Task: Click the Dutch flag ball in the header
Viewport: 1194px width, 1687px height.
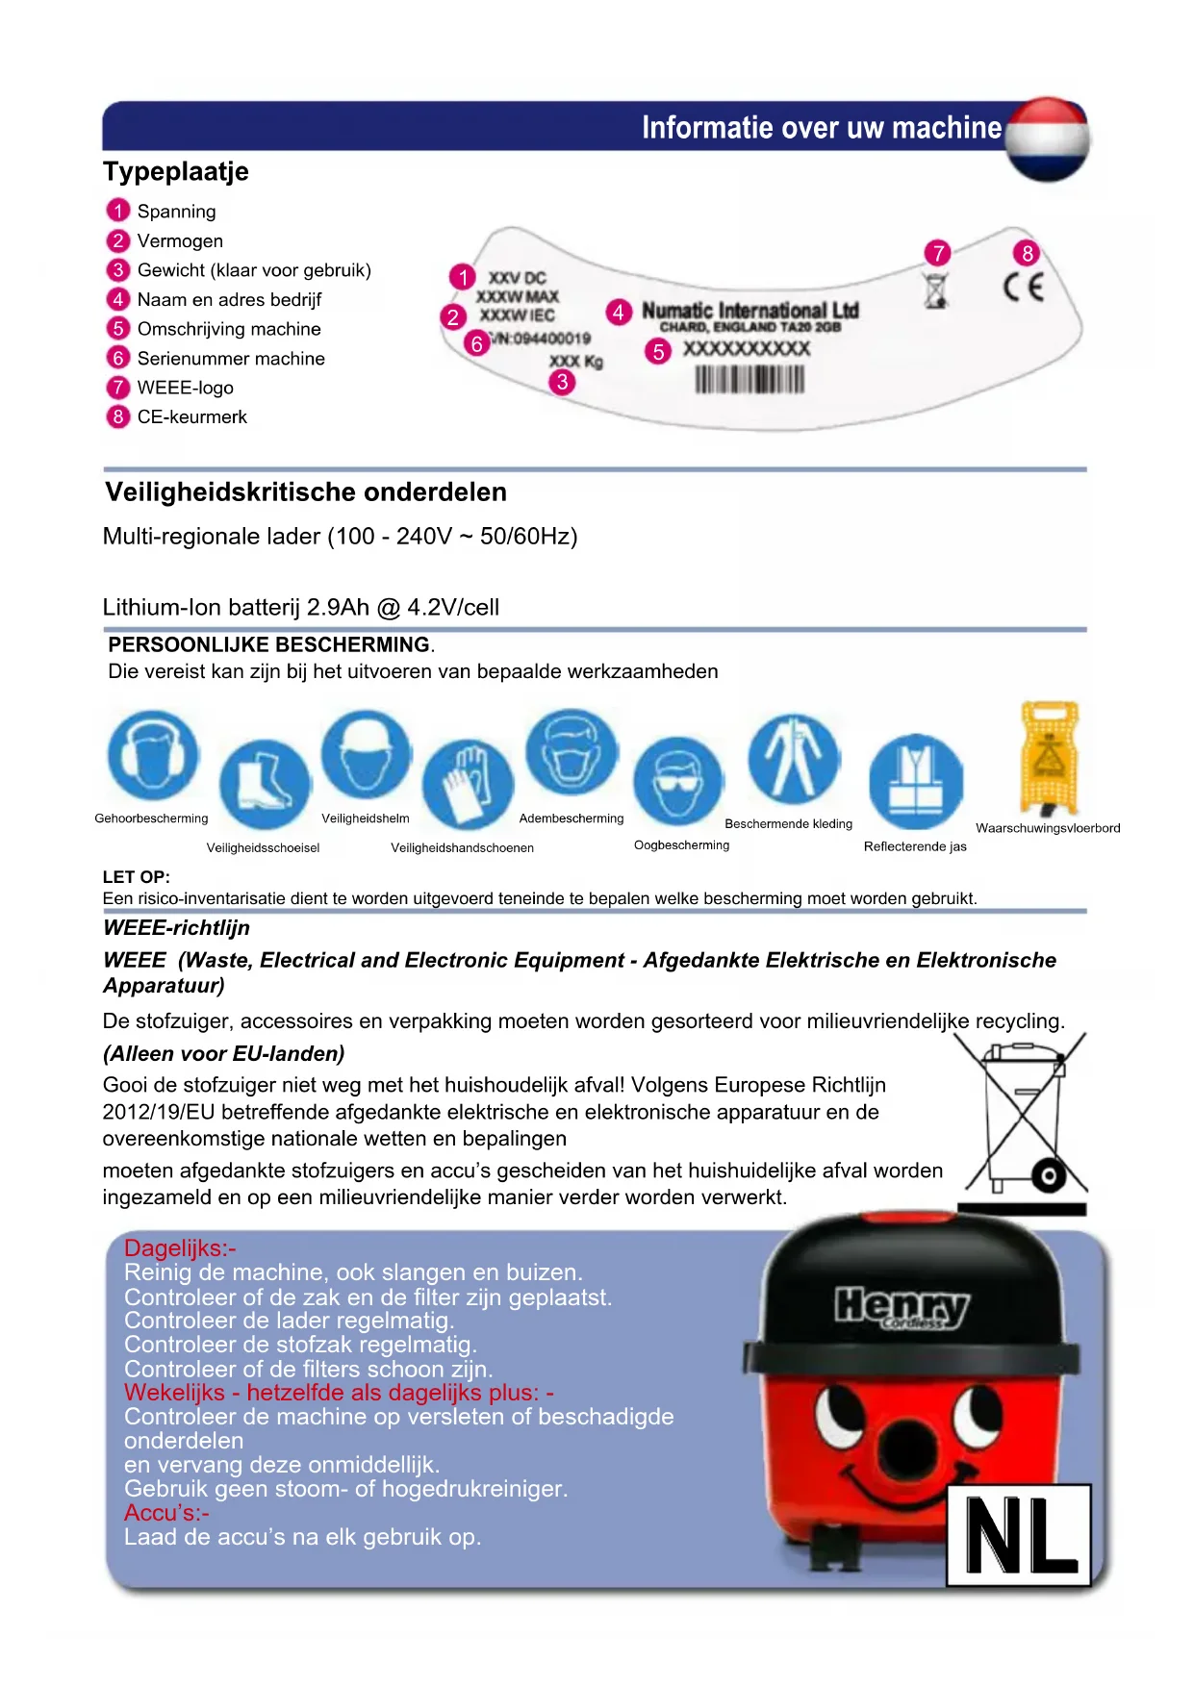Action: click(x=1048, y=139)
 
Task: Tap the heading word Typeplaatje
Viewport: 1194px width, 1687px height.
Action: click(x=176, y=172)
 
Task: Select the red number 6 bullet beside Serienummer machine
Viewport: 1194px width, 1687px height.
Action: click(x=118, y=358)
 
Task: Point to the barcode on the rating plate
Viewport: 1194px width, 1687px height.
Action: click(x=749, y=380)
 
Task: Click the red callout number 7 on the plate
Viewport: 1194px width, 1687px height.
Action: click(x=937, y=253)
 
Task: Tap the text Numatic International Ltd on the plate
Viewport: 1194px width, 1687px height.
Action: click(x=749, y=311)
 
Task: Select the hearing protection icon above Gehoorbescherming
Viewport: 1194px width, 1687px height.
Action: click(x=153, y=756)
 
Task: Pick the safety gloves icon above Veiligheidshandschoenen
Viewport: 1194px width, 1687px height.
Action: click(x=468, y=784)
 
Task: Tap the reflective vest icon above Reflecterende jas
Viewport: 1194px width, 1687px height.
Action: click(x=915, y=781)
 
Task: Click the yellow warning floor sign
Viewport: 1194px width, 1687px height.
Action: click(x=1049, y=758)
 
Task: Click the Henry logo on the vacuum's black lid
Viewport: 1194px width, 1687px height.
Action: click(x=902, y=1307)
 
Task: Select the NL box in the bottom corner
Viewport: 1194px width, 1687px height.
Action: click(x=1019, y=1535)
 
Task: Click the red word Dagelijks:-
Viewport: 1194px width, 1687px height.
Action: click(x=180, y=1248)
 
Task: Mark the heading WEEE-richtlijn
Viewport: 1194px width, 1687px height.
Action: click(x=176, y=928)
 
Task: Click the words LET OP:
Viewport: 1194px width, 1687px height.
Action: click(x=136, y=877)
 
